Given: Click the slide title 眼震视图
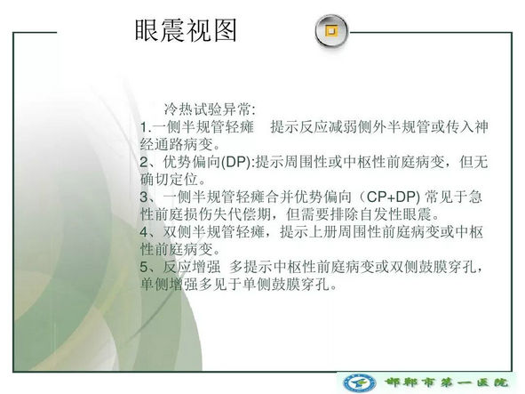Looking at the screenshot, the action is coord(186,30).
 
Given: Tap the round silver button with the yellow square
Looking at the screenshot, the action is coord(331,31).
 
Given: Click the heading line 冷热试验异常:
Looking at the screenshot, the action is coord(210,109).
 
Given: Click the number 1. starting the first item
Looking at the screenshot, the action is coord(146,127).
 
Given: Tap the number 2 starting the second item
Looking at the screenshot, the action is coord(144,162).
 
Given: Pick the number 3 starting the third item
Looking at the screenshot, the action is coord(144,197).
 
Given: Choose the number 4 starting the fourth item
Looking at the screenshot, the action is coord(144,232).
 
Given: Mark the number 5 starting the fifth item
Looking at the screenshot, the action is coord(144,267).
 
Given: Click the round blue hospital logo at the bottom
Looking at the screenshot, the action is coord(359,382).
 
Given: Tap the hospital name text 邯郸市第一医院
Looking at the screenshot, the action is coord(446,382).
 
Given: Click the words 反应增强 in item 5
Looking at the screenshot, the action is coord(192,267).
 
